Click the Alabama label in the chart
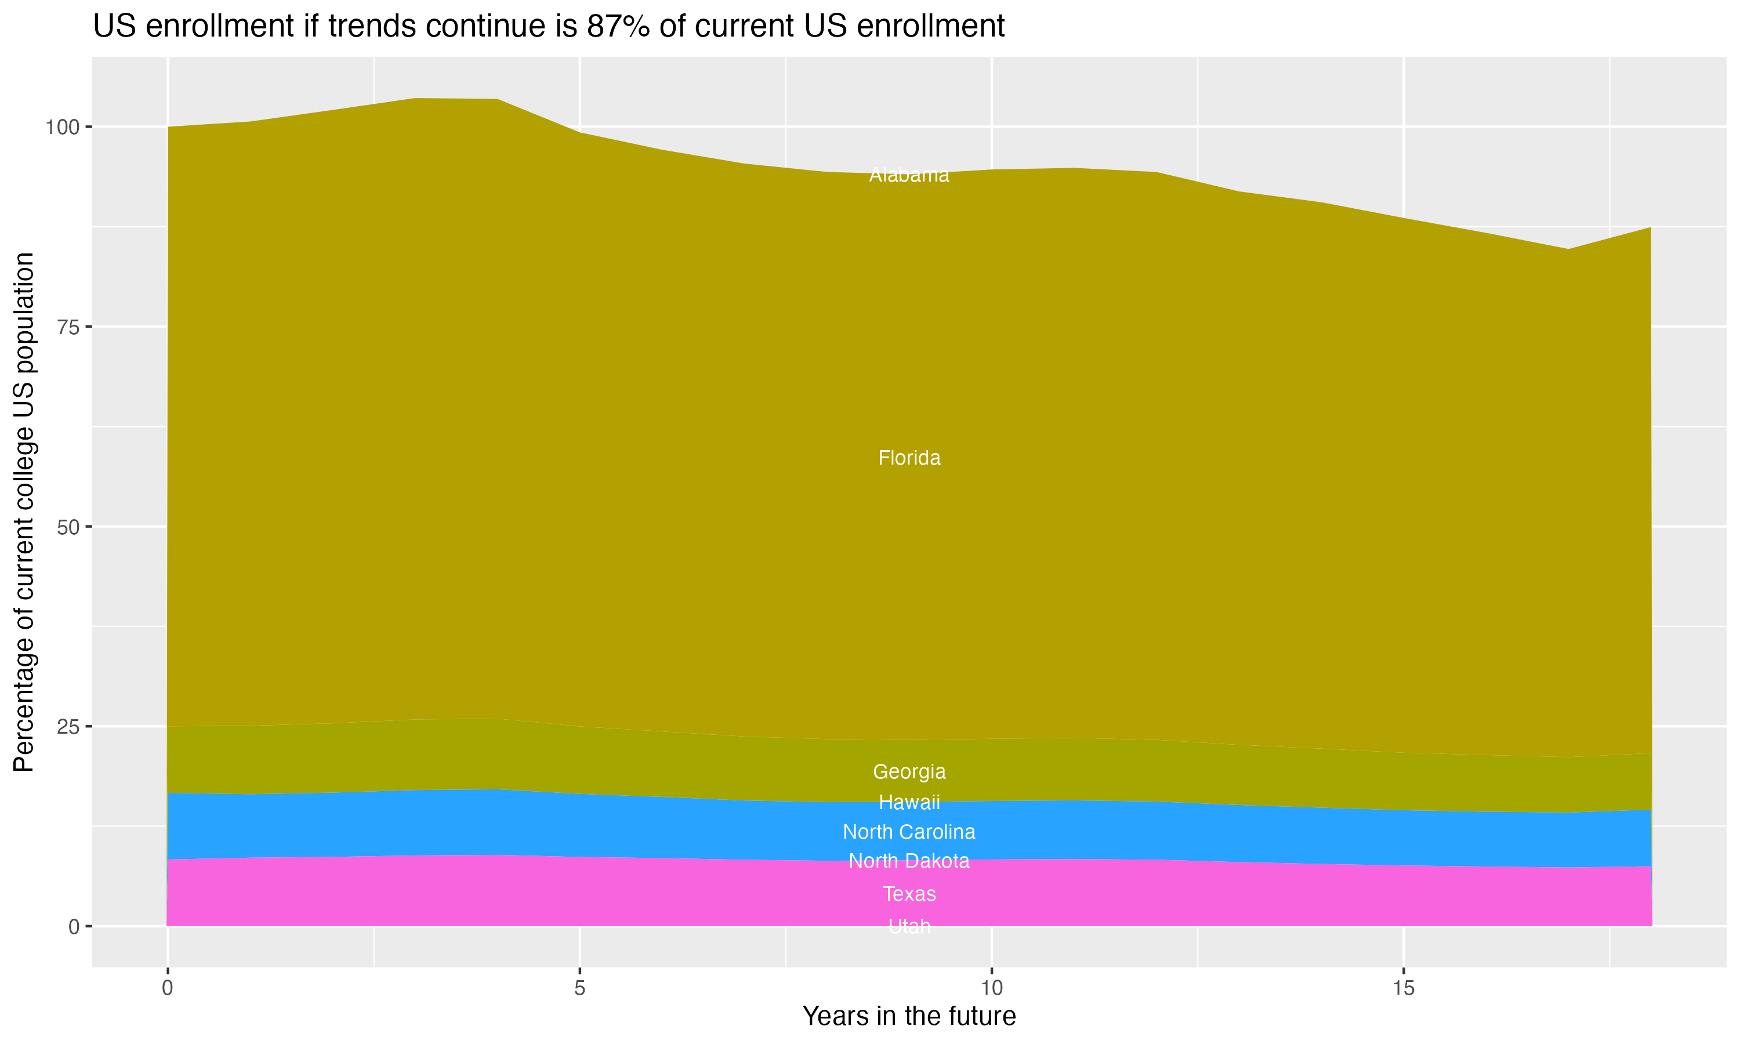[909, 175]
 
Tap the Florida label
[909, 458]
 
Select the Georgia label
[909, 772]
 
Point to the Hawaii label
[909, 802]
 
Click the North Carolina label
[909, 832]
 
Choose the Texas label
[909, 894]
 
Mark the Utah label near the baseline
[909, 926]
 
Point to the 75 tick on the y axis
[69, 327]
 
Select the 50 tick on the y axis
[69, 527]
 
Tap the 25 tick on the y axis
[69, 727]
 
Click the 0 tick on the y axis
[74, 926]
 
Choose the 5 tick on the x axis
[579, 988]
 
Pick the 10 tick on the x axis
[991, 988]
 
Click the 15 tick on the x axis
[1403, 988]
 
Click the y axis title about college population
[24, 512]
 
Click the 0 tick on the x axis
[168, 988]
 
